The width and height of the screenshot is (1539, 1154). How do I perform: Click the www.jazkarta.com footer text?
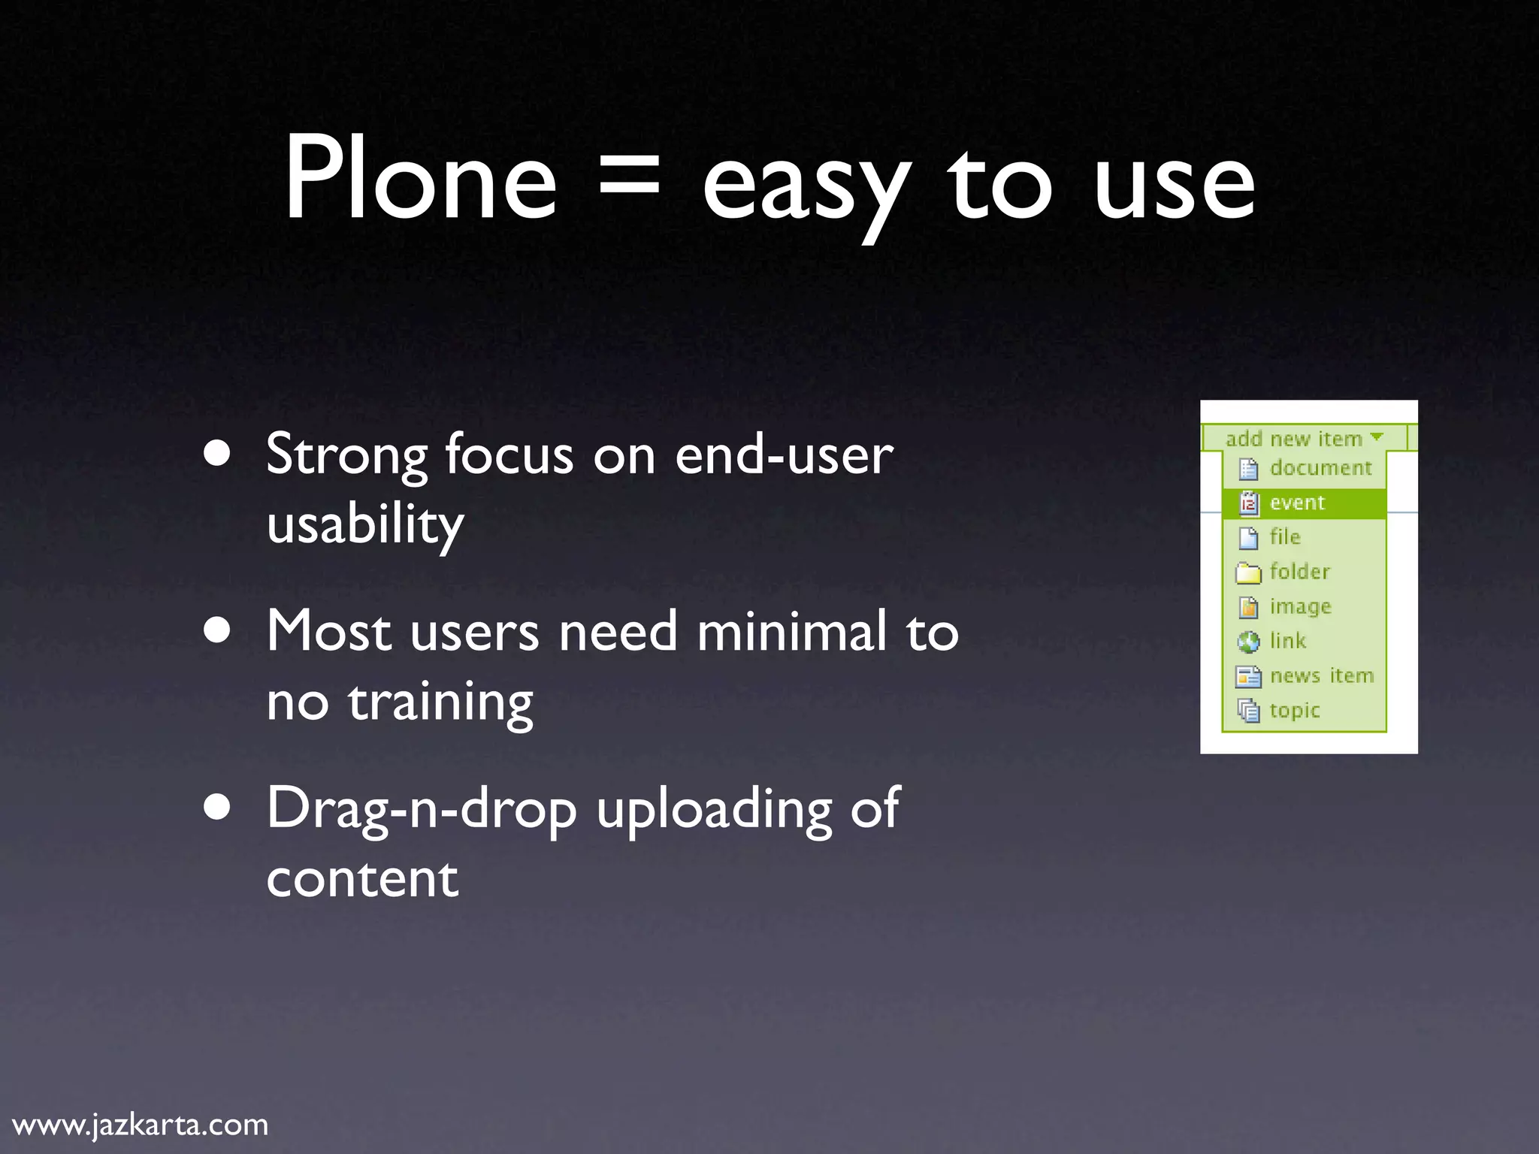pos(141,1125)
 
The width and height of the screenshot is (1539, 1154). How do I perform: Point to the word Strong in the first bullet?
pos(346,455)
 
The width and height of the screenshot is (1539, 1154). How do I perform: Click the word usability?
pos(365,524)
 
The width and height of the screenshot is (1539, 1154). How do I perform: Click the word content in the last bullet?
pos(362,878)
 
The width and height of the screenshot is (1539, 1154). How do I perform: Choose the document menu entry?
pos(1320,468)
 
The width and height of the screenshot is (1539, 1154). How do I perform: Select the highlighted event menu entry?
pos(1297,503)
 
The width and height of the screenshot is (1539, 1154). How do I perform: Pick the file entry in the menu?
pos(1285,537)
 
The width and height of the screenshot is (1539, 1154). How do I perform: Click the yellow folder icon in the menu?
pos(1248,573)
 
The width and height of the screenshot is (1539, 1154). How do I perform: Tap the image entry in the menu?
pos(1300,606)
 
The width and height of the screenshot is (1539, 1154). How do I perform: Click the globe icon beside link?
pos(1248,642)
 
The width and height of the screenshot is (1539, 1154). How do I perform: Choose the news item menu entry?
pos(1321,676)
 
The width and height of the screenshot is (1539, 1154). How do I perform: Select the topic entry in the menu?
pos(1294,711)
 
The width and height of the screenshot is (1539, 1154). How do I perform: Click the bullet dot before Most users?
pos(217,632)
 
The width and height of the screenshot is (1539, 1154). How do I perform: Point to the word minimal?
pos(791,632)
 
